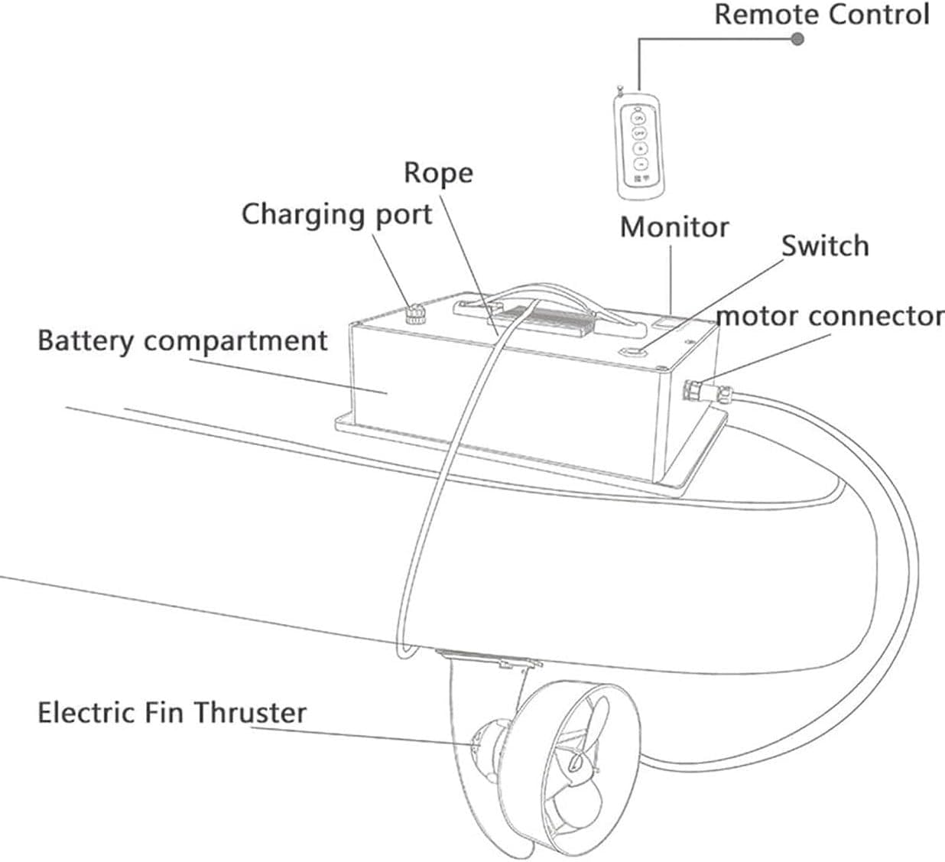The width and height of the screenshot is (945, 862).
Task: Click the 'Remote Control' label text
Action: [821, 15]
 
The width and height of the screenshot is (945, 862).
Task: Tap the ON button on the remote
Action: [638, 119]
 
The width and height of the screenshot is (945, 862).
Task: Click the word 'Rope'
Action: [438, 173]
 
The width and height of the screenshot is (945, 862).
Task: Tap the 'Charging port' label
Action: [337, 215]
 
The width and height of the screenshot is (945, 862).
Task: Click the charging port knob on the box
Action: [415, 314]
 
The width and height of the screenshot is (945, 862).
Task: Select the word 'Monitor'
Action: [674, 227]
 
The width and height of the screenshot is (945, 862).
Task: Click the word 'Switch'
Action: [824, 246]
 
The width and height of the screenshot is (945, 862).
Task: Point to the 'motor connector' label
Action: [830, 316]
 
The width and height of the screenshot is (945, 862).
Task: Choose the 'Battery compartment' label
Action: [182, 340]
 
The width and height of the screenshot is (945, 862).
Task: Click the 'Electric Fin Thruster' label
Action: [172, 713]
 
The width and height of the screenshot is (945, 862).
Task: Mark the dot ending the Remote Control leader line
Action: [797, 38]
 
